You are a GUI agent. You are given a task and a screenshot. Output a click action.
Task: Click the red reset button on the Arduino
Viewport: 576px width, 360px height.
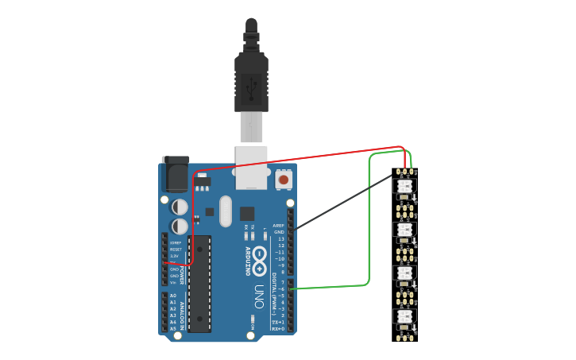(284, 180)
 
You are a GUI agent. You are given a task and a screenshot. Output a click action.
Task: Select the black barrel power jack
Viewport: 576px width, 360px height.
(176, 174)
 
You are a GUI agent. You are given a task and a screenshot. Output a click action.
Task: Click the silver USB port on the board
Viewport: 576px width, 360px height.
(251, 167)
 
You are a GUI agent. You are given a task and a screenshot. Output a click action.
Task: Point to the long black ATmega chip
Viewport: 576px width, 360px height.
(199, 283)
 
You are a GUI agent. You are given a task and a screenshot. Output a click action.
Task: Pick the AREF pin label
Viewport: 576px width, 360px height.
(278, 225)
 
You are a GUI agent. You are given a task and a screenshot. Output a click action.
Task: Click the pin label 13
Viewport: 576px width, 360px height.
(280, 238)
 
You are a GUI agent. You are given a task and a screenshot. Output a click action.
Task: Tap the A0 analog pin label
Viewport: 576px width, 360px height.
(172, 296)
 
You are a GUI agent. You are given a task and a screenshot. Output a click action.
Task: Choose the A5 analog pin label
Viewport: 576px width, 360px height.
(172, 328)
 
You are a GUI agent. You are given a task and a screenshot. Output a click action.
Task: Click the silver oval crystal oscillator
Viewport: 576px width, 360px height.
(225, 211)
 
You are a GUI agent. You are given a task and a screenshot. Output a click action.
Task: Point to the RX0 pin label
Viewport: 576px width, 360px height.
(278, 328)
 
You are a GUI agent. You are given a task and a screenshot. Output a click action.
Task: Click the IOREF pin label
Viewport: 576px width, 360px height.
(175, 242)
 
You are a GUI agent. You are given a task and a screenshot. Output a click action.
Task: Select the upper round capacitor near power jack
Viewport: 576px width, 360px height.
(180, 207)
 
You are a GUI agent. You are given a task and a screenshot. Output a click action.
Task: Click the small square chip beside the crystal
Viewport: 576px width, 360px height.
(247, 213)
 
